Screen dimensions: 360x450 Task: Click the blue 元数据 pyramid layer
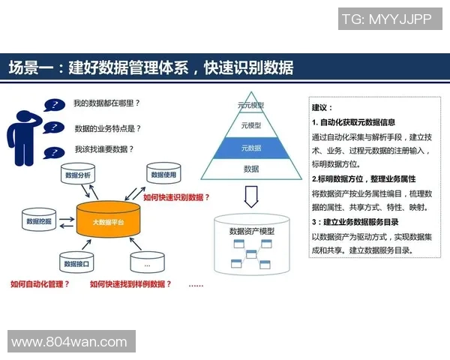tap(250, 148)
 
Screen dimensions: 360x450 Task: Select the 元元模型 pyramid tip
tap(250, 106)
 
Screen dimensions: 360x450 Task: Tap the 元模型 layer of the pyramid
tap(250, 126)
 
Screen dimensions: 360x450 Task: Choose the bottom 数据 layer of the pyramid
tap(250, 169)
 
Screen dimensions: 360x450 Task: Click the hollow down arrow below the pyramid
tap(251, 197)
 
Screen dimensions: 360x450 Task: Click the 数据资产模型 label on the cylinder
tap(251, 231)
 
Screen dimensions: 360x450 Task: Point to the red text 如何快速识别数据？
tap(176, 197)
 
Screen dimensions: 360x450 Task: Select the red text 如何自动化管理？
tap(40, 284)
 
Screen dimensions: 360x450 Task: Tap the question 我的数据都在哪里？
tap(107, 103)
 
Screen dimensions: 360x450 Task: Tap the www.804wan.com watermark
tap(69, 342)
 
